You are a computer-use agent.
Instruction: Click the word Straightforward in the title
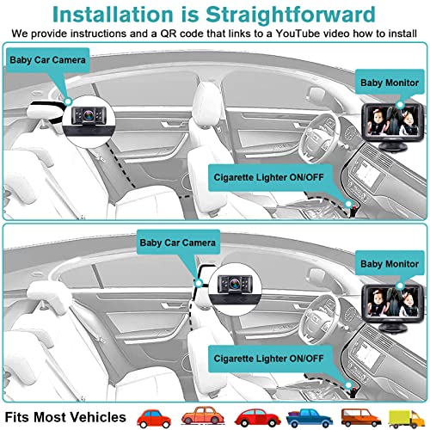coord(292,15)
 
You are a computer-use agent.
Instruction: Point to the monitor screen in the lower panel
coord(386,298)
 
